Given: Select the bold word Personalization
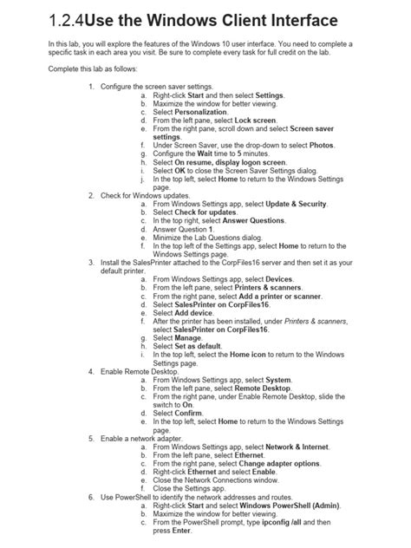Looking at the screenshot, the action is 201,112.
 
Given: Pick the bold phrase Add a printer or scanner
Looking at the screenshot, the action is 286,296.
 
